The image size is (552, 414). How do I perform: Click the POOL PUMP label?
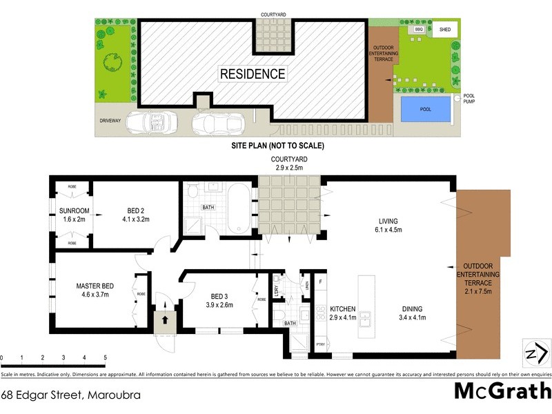tap(469, 99)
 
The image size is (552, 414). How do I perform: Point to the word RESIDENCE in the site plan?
tap(252, 73)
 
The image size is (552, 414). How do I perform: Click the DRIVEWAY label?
tap(110, 121)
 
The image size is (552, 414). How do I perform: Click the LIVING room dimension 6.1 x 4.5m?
tap(388, 230)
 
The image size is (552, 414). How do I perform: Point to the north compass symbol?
tap(535, 353)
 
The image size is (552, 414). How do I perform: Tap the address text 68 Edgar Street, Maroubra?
tap(66, 395)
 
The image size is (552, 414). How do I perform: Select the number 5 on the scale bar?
tap(105, 357)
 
